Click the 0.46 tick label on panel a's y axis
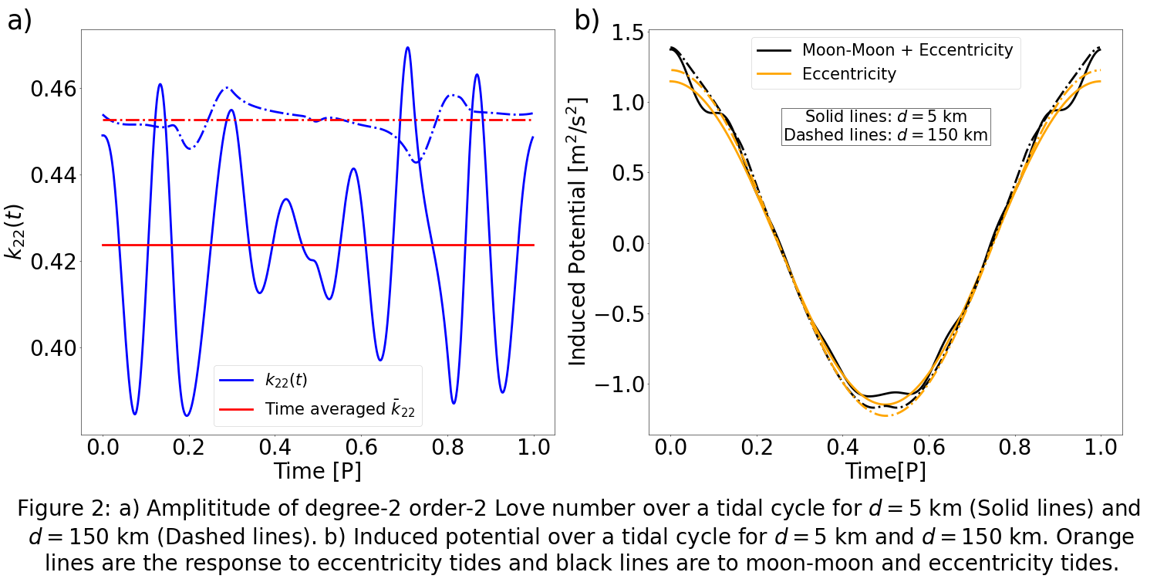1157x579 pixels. click(52, 89)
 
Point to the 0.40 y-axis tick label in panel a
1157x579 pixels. click(52, 348)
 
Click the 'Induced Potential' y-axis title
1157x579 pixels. click(579, 232)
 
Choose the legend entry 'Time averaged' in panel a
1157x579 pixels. click(339, 409)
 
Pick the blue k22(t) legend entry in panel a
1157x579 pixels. click(285, 380)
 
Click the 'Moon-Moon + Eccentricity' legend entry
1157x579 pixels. click(907, 50)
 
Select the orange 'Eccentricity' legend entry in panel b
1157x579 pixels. click(849, 74)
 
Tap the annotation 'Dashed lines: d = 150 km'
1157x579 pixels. click(885, 135)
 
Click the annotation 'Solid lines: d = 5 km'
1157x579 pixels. click(885, 117)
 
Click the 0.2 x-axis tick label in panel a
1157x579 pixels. click(189, 447)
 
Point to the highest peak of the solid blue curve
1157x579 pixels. click(407, 48)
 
